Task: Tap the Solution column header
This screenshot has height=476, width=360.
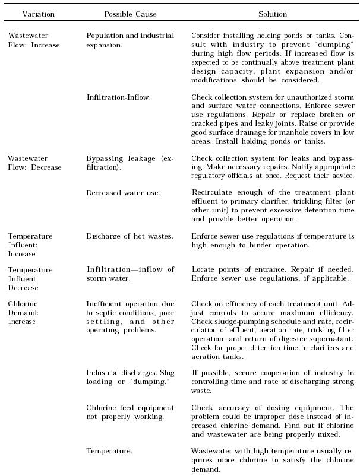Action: (x=272, y=14)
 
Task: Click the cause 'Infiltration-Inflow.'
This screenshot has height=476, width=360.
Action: (x=118, y=97)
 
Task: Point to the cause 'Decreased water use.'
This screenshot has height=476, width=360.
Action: (x=122, y=192)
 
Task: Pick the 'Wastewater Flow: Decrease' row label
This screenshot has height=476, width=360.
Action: (x=34, y=163)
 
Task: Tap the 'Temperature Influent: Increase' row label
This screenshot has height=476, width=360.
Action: (x=30, y=245)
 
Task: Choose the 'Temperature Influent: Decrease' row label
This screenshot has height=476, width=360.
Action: (x=30, y=278)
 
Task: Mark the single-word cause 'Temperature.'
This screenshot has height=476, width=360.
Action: (x=109, y=451)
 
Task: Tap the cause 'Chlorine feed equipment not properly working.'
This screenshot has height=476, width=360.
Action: (x=130, y=412)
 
